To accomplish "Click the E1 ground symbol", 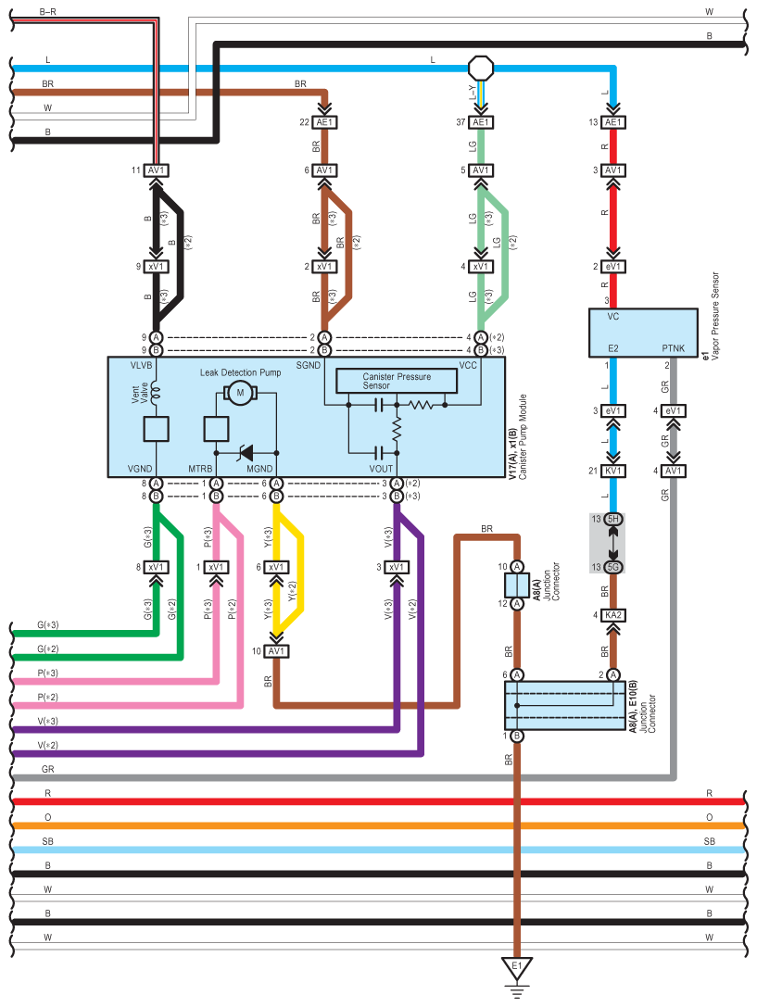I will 517,969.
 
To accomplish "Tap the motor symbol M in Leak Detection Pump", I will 240,393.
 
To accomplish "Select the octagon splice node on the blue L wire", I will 481,68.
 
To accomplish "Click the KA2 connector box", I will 612,614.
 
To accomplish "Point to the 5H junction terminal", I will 612,519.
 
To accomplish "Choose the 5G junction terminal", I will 612,566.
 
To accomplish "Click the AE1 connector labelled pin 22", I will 324,122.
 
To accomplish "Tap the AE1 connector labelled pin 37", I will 481,122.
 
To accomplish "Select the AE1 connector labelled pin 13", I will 612,122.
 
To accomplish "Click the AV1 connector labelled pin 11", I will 156,170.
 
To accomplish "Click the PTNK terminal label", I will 674,347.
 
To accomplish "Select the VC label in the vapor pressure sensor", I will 612,317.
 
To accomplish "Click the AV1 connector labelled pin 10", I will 275,651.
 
